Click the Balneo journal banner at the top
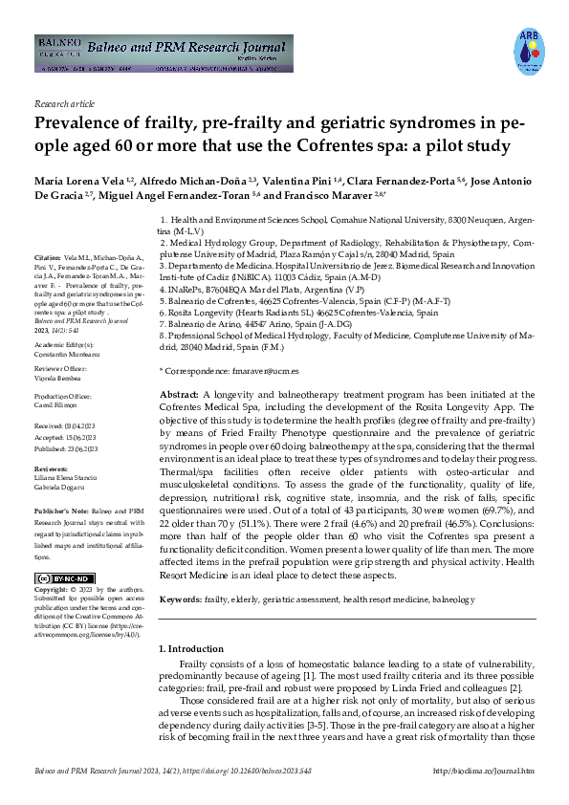pos(162,54)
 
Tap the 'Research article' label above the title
pos(64,102)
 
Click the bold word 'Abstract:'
pos(179,394)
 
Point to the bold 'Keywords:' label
pos(181,598)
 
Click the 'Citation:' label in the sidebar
pos(47,258)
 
